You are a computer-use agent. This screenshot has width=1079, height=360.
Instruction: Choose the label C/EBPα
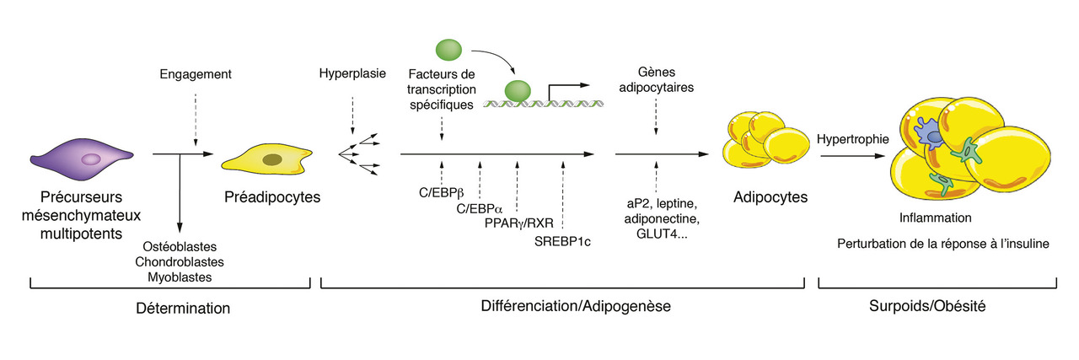click(x=480, y=208)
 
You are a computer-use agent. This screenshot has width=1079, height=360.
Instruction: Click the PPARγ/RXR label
click(x=517, y=224)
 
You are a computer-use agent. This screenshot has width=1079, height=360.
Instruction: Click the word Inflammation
click(x=936, y=218)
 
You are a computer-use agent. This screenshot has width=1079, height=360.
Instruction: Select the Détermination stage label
click(x=183, y=309)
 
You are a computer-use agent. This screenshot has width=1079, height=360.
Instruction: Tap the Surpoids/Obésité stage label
click(x=927, y=308)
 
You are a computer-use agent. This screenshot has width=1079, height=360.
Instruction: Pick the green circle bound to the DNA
click(x=518, y=90)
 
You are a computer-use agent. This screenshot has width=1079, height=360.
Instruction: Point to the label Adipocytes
click(x=770, y=197)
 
